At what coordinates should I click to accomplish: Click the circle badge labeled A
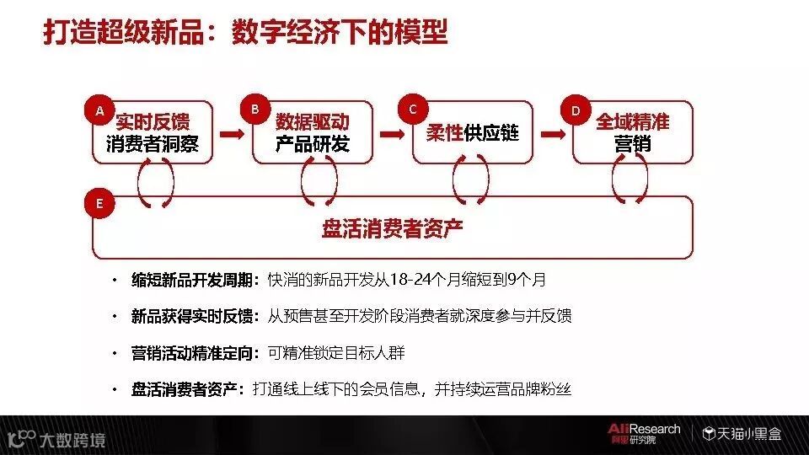99,110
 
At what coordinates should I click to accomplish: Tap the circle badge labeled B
254,109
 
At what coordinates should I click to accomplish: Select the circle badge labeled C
412,109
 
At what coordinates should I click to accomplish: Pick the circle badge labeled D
576,110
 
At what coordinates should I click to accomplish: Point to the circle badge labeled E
99,203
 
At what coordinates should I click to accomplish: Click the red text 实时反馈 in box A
153,122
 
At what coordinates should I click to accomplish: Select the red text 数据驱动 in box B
312,122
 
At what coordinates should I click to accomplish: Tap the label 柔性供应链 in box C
472,133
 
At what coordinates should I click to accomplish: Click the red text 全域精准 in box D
632,122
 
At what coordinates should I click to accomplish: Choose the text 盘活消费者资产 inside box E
392,229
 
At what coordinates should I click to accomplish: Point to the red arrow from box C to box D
552,134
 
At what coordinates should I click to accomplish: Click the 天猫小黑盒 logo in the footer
742,434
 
